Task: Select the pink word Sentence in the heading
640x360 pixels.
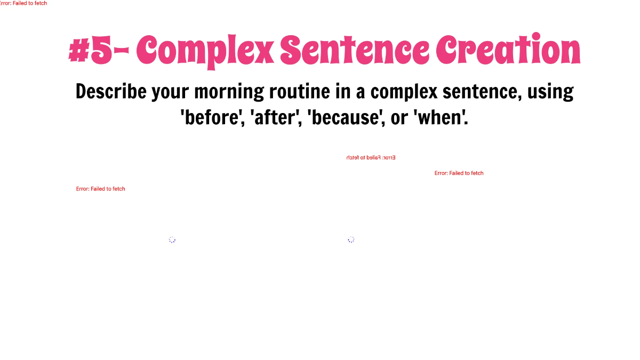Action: [x=354, y=51]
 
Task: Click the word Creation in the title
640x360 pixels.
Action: [x=508, y=51]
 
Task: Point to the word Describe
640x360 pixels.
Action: [x=110, y=92]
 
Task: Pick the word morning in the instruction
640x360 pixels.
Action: [x=229, y=92]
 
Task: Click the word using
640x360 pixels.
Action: [x=550, y=92]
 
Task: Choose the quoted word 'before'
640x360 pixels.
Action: [x=212, y=117]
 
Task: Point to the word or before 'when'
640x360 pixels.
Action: [x=399, y=118]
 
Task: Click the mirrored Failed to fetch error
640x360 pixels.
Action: [x=371, y=158]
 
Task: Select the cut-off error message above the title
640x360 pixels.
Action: [x=23, y=3]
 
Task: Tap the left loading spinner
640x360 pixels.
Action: [x=172, y=240]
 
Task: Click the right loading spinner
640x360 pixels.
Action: [x=351, y=240]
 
